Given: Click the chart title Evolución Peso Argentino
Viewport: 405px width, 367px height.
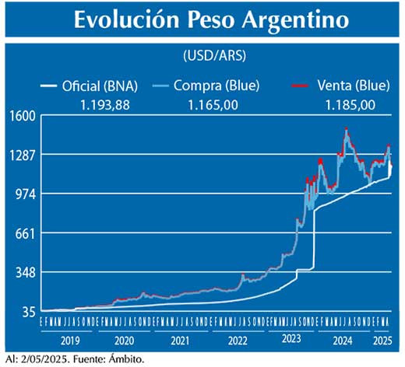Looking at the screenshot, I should (202, 20).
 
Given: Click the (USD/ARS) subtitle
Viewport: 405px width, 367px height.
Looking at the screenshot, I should (205, 57).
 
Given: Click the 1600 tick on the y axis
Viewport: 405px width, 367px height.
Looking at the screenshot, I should (22, 116).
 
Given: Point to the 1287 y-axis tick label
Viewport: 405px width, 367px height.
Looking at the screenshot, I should (22, 156).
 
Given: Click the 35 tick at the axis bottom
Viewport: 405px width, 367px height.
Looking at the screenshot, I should (28, 312).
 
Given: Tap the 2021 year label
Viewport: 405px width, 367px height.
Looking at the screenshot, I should (181, 341).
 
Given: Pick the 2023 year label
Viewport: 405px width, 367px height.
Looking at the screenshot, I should (291, 341).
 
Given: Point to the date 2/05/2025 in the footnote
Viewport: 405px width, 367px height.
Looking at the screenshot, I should (40, 359).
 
